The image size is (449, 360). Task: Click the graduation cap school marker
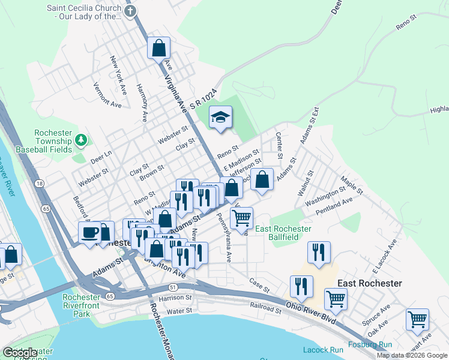coord(220,117)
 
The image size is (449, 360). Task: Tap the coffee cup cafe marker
coord(90,232)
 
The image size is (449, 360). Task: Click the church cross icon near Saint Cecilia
coord(130,11)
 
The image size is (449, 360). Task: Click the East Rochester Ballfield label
coord(283,233)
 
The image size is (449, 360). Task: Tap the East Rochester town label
coord(369,283)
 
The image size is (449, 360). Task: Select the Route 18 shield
coord(39,183)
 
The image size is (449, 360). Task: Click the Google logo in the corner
coord(20,353)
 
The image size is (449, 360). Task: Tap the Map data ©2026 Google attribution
coord(412,355)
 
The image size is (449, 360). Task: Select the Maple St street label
coord(352,185)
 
